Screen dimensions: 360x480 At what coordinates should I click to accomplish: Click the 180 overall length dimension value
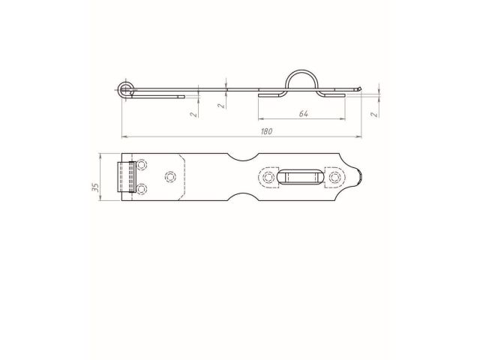click(x=265, y=130)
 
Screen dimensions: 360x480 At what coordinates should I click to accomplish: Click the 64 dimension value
click(x=303, y=113)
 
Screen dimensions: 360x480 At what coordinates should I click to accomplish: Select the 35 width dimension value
click(x=95, y=187)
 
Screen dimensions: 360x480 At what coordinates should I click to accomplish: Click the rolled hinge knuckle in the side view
click(x=124, y=90)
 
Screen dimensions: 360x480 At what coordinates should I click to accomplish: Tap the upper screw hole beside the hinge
click(x=141, y=166)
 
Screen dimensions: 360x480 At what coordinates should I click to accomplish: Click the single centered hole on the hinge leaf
click(x=169, y=177)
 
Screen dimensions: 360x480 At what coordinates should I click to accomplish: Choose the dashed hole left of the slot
click(x=268, y=178)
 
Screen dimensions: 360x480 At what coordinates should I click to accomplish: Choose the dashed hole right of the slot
click(x=334, y=178)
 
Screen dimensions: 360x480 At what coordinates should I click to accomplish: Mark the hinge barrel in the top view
click(x=122, y=177)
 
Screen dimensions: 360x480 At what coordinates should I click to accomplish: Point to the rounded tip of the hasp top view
click(x=362, y=178)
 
